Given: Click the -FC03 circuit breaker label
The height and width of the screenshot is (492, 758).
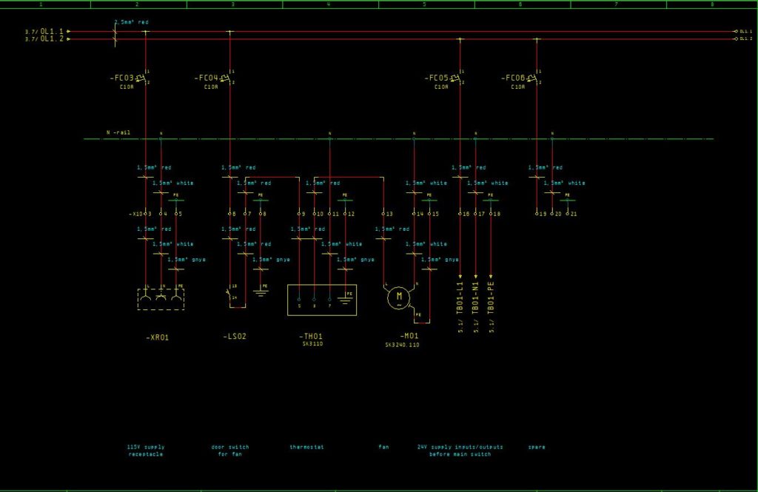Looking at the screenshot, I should coord(123,78).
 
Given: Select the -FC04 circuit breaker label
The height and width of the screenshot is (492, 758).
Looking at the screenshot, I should coord(207,78).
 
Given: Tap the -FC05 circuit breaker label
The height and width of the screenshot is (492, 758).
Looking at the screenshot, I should coord(437,78).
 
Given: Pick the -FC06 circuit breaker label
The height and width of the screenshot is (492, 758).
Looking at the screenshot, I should coord(513,78).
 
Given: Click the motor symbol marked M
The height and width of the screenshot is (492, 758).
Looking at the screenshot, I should coord(398,297).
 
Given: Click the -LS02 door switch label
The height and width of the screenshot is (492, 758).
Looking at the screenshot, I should coord(235,337).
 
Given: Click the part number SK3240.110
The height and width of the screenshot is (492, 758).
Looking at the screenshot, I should coord(402,345).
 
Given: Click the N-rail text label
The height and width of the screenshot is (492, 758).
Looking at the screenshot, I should coord(118,132).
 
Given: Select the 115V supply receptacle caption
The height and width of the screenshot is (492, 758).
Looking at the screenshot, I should coord(146,450).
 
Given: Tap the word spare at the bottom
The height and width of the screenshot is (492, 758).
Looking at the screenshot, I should coord(537,447).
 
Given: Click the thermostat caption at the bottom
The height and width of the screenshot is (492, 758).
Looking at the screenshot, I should coord(307,447).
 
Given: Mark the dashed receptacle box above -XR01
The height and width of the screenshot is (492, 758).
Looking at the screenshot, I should coord(161,299).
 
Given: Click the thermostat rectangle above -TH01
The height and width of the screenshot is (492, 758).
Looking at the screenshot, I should coord(322,300).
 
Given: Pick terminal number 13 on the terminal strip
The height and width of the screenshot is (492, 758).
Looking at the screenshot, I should coord(389,214).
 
